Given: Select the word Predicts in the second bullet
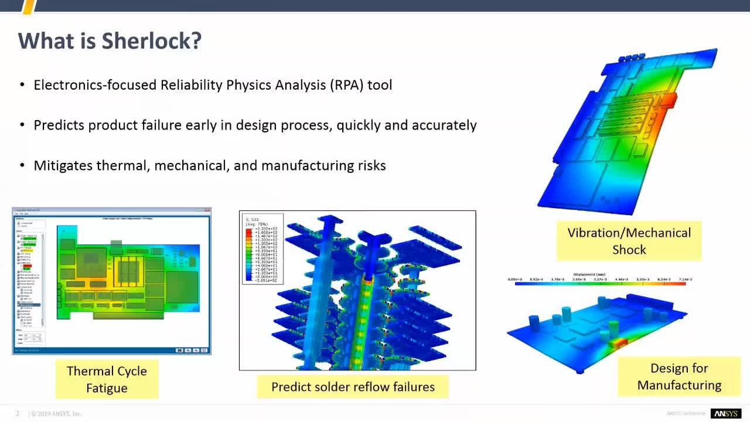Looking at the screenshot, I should pos(59,125).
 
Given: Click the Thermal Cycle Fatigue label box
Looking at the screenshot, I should pos(107,379).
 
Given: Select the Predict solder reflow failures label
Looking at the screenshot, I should pos(353,387).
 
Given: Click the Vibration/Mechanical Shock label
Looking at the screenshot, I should pos(629,241).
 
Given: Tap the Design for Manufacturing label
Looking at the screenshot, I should pos(679,376).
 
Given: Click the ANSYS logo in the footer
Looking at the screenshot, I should pos(725,414).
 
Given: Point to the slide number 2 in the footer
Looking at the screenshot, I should pos(18,414).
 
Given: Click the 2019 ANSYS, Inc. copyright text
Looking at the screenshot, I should pos(57,414).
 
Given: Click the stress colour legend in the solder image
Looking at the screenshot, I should pos(262,249).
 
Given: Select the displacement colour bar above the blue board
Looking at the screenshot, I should pos(600,283).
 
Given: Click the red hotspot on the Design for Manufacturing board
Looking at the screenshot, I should pos(621,343).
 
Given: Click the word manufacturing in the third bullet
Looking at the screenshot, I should pos(307,166).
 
